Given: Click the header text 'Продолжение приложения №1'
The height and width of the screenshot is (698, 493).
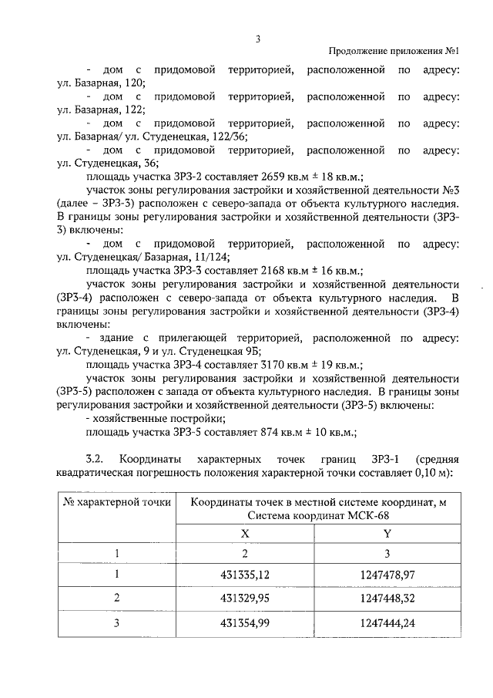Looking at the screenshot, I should (394, 52).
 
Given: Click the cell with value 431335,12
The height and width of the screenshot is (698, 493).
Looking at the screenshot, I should (245, 575).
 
